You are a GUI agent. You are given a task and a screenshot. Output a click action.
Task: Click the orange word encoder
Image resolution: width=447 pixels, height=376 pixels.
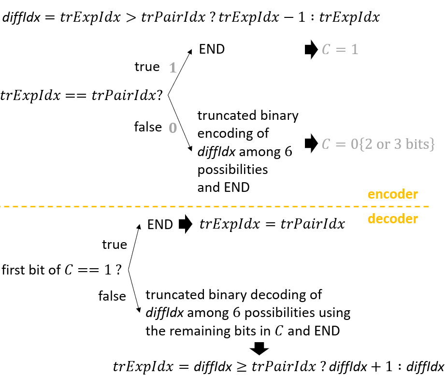click(x=392, y=194)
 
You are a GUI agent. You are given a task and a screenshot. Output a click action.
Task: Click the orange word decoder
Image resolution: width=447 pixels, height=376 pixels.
click(x=392, y=219)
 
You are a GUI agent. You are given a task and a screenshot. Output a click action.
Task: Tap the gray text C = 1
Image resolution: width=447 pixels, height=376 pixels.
click(x=340, y=50)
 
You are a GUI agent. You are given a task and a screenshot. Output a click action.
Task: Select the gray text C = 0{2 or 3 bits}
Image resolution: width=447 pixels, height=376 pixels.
click(x=378, y=144)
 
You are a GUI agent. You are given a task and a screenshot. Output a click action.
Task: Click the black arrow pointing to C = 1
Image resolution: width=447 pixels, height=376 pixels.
click(x=311, y=50)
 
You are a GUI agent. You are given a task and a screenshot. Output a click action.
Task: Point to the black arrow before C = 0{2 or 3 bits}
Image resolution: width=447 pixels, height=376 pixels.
click(x=311, y=144)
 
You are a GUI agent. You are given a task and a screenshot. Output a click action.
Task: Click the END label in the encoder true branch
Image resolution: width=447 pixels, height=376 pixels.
click(x=212, y=49)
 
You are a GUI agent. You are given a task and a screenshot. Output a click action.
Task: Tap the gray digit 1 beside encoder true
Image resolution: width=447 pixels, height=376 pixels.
click(x=173, y=68)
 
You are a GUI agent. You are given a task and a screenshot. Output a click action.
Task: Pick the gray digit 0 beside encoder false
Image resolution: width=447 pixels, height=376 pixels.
click(x=173, y=128)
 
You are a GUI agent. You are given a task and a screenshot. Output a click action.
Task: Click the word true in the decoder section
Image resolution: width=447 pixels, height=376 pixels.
click(x=115, y=245)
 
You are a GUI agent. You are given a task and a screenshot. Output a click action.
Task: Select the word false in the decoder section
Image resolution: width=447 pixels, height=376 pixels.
click(x=112, y=296)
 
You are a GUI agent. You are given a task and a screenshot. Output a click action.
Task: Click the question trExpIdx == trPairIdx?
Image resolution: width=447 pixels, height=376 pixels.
click(x=82, y=96)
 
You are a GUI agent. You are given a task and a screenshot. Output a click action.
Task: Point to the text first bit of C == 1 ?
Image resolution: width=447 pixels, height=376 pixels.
click(x=61, y=270)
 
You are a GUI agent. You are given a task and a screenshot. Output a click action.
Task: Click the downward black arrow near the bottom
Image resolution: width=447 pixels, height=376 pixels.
click(x=259, y=348)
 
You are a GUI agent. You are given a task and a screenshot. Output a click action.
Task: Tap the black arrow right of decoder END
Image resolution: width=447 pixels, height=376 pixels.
click(x=186, y=224)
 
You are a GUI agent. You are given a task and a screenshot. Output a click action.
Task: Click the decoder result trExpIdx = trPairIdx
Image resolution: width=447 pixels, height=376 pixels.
click(x=272, y=224)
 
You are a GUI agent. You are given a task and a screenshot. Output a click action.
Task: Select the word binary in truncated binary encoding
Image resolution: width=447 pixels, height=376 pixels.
click(x=279, y=116)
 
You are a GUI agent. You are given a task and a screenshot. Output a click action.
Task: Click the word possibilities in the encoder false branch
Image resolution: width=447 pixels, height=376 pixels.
click(x=232, y=170)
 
